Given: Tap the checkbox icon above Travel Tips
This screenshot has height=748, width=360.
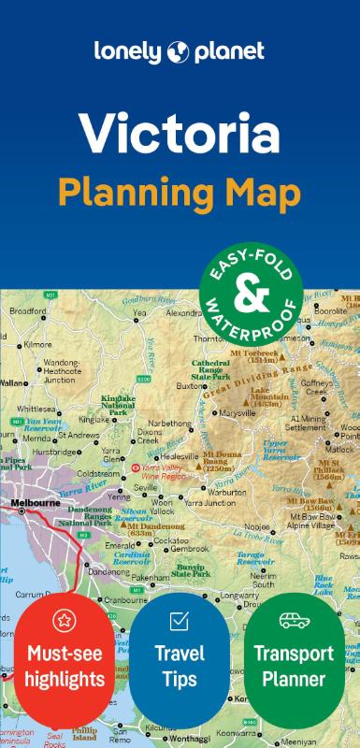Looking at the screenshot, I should [x=179, y=621].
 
